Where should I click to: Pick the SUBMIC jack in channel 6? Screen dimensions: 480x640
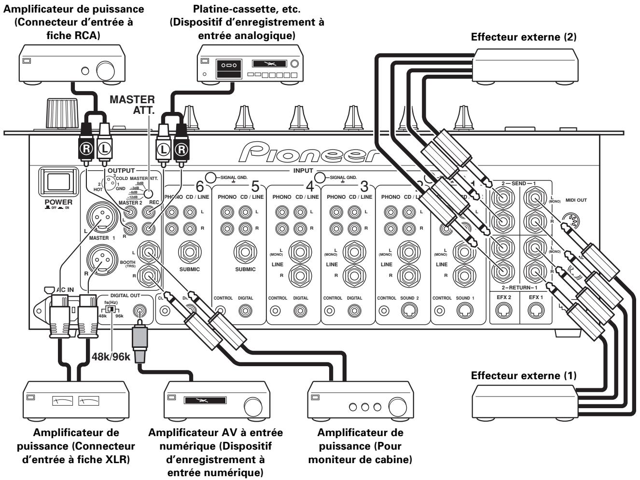[x=189, y=251]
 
